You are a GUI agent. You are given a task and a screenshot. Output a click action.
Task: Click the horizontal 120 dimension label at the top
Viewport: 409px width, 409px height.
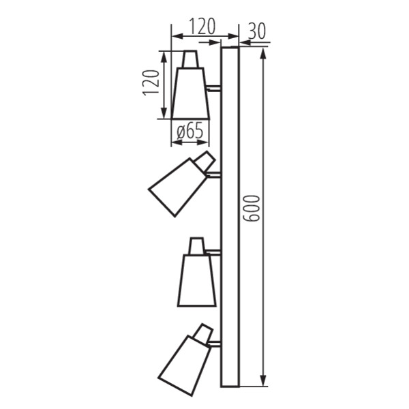202,27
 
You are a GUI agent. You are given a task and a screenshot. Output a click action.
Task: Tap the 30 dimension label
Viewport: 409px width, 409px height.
257,30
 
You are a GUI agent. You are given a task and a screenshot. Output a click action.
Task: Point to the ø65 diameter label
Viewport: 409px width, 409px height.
190,132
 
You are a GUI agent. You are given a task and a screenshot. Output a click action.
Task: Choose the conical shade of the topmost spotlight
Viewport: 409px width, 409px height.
190,93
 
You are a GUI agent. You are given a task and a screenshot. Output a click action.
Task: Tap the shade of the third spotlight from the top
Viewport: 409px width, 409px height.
196,280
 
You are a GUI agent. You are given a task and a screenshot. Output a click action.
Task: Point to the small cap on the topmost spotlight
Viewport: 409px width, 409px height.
190,59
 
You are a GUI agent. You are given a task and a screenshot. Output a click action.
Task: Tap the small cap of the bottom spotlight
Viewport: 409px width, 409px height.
202,333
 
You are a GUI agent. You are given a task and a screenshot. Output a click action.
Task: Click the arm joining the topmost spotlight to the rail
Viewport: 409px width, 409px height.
214,88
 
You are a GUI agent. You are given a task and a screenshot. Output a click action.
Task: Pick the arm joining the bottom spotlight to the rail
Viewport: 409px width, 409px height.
215,343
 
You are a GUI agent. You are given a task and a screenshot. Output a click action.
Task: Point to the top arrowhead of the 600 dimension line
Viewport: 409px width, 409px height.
262,52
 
